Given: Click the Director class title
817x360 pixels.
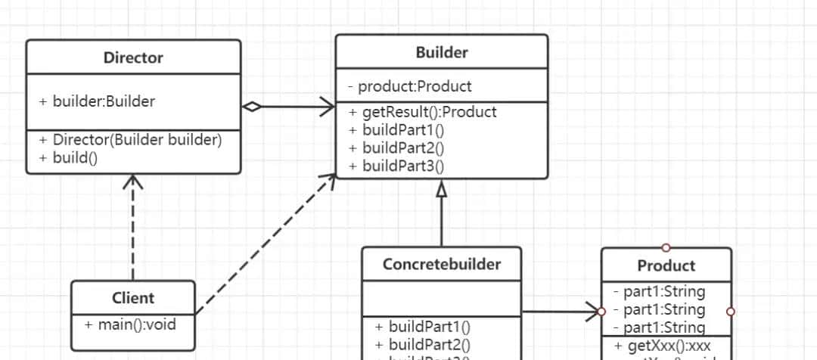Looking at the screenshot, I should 133,57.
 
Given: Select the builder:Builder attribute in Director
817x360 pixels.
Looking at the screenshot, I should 103,101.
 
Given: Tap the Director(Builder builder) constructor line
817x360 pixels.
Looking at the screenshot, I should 136,140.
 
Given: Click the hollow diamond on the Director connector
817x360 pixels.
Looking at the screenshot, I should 251,107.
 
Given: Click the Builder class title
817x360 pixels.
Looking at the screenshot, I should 442,52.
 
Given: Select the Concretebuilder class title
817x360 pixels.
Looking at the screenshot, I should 441,264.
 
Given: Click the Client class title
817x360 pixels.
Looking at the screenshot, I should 133,298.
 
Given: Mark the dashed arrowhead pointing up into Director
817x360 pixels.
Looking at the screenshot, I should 133,182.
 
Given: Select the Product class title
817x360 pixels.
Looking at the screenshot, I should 666,265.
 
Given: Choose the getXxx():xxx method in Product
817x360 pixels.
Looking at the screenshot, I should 669,346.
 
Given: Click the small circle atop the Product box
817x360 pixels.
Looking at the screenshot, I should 666,247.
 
